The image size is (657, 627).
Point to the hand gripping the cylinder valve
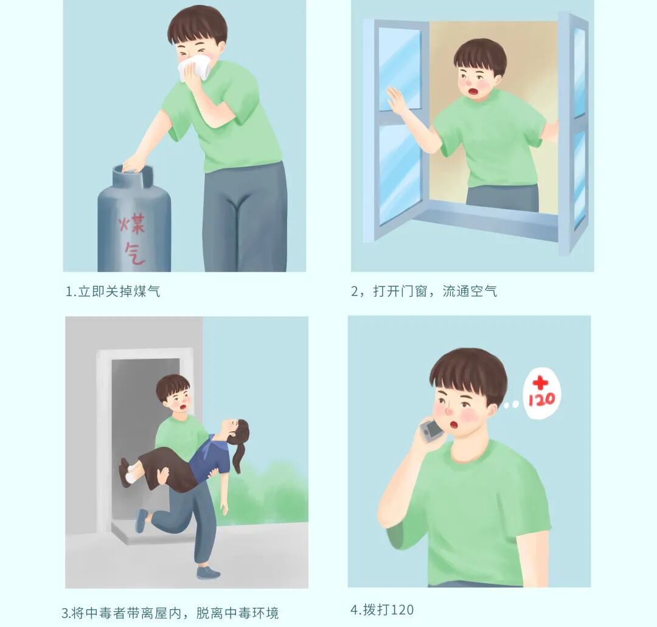(x=134, y=164)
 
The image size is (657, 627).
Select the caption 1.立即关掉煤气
(x=113, y=291)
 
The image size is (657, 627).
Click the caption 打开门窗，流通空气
(x=435, y=291)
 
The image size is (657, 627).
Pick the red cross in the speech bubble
(x=541, y=383)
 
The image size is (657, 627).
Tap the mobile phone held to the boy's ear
(x=431, y=431)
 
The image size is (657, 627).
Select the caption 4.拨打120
(x=382, y=609)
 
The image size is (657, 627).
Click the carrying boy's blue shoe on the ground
(x=208, y=572)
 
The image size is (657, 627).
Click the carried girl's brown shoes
(x=125, y=472)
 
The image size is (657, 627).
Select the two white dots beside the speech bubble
(x=511, y=404)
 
